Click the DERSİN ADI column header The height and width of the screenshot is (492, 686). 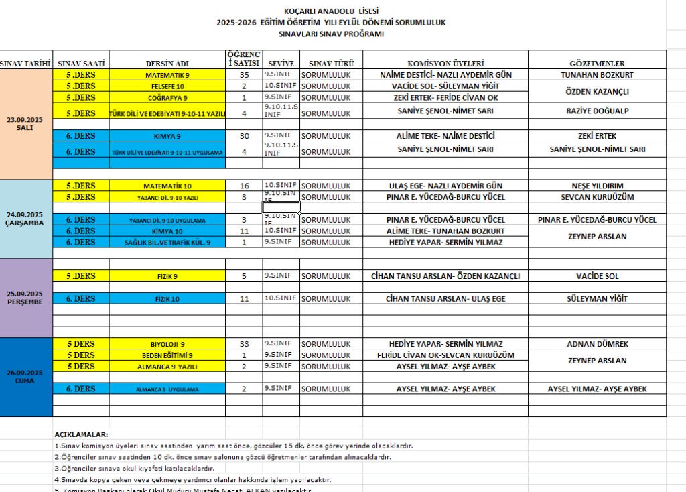pyautogui.click(x=167, y=64)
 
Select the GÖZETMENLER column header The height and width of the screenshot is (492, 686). pyautogui.click(x=597, y=64)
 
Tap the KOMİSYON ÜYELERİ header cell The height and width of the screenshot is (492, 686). pyautogui.click(x=445, y=64)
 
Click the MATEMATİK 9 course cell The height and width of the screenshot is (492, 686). pyautogui.click(x=167, y=75)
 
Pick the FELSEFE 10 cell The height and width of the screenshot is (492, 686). pyautogui.click(x=167, y=86)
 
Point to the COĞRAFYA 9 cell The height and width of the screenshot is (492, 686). pyautogui.click(x=167, y=98)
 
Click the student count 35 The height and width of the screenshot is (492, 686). pyautogui.click(x=244, y=75)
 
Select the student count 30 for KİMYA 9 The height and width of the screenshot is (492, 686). pyautogui.click(x=244, y=135)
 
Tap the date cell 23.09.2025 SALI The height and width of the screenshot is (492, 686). pyautogui.click(x=25, y=123)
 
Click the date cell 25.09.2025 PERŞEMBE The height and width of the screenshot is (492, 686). pyautogui.click(x=25, y=298)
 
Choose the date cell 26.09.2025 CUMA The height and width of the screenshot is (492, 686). pyautogui.click(x=25, y=377)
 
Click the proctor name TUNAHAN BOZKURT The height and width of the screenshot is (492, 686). pyautogui.click(x=597, y=75)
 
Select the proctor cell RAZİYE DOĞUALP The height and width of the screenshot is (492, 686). pyautogui.click(x=597, y=111)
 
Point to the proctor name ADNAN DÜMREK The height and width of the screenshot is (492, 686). pyautogui.click(x=597, y=344)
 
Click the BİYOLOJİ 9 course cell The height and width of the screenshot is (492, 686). pyautogui.click(x=167, y=344)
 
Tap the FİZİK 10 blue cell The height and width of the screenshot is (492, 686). pyautogui.click(x=167, y=299)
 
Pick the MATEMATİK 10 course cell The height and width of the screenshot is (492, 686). pyautogui.click(x=167, y=186)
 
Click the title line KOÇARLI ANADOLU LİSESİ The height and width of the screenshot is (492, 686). pyautogui.click(x=331, y=11)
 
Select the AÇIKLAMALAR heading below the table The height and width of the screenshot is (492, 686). pyautogui.click(x=81, y=434)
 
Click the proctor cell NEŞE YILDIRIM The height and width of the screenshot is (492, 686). pyautogui.click(x=597, y=186)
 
